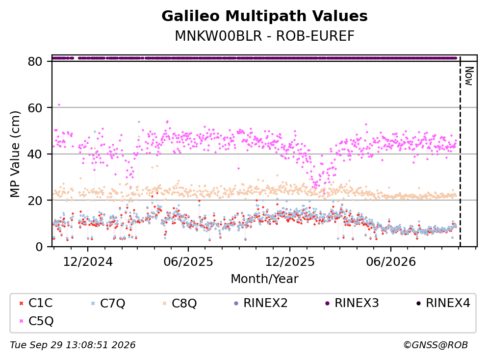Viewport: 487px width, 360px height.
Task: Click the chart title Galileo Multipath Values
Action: pos(264,16)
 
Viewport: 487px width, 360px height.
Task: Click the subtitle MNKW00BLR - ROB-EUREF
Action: pos(264,36)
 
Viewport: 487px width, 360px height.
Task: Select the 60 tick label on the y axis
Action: pos(35,108)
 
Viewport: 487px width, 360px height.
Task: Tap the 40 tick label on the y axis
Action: pos(35,154)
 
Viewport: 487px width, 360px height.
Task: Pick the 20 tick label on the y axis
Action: pos(35,200)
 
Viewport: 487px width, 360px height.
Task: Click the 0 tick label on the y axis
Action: pos(39,247)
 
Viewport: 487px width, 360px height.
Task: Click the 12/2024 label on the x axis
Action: pos(88,262)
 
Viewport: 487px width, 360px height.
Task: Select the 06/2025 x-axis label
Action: pos(188,262)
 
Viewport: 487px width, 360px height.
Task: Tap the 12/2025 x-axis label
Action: pos(289,262)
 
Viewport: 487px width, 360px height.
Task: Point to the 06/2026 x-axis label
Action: pos(391,262)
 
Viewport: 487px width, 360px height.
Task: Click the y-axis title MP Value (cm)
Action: pos(15,154)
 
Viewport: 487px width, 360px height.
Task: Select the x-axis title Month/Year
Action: pos(264,279)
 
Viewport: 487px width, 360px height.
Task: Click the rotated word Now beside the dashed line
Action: pos(469,76)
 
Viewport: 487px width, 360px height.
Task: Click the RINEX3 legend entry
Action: pos(352,303)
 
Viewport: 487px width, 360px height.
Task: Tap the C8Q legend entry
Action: pos(179,303)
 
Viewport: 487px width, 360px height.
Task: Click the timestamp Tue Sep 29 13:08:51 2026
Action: pos(73,345)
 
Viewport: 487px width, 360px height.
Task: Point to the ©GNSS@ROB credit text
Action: pos(436,345)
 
